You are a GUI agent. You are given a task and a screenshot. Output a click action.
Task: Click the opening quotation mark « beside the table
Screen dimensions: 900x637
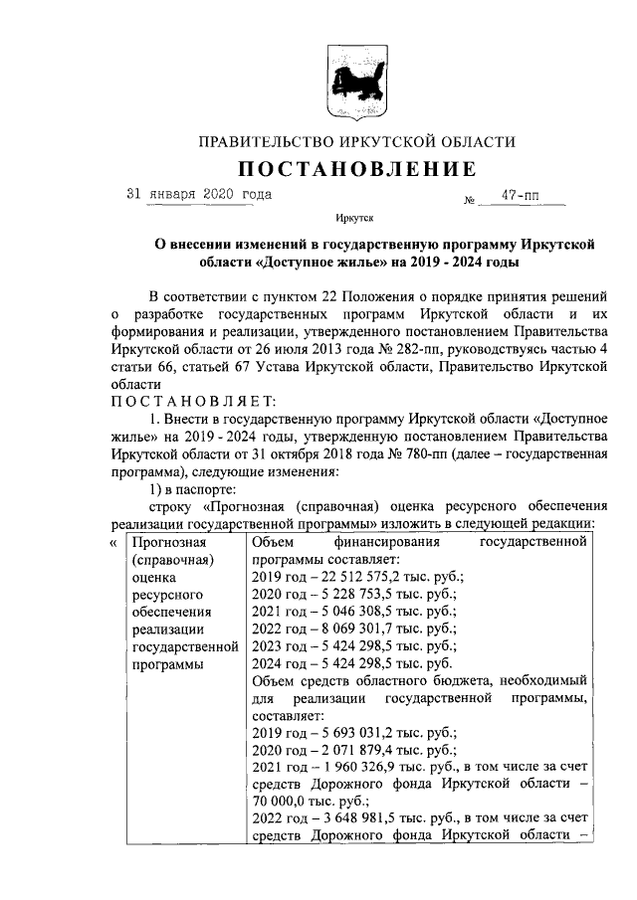(112, 543)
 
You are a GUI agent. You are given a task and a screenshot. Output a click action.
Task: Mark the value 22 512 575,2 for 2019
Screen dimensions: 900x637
(354, 578)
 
